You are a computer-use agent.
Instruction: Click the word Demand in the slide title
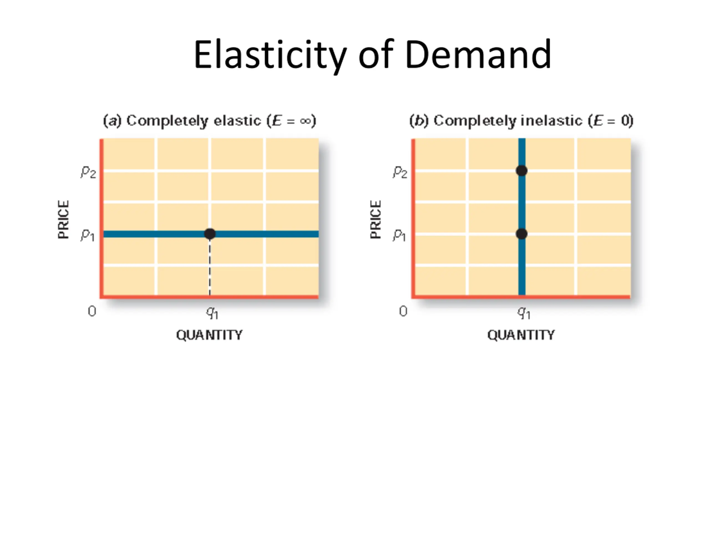(478, 55)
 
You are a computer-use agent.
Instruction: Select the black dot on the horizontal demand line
(210, 234)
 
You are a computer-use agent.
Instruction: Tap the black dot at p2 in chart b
(522, 171)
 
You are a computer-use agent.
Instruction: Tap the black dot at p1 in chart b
(522, 234)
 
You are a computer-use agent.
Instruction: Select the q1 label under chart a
(212, 312)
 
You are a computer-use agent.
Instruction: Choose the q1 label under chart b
(524, 312)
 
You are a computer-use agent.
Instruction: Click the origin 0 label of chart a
(92, 311)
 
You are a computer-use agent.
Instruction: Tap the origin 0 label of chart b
(404, 311)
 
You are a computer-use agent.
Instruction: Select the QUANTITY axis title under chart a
(209, 335)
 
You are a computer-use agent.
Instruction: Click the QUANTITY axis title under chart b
(521, 335)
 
